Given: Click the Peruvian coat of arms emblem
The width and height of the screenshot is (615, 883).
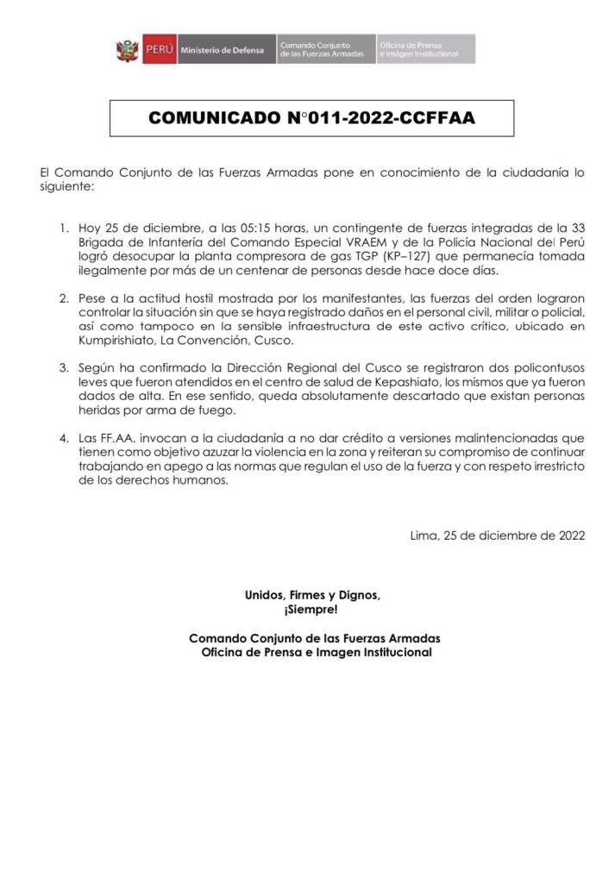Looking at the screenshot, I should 128,49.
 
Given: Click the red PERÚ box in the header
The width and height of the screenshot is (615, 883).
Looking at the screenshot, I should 158,49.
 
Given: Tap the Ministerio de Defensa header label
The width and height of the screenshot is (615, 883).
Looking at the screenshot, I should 216,49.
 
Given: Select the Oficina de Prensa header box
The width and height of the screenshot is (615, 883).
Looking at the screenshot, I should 425,49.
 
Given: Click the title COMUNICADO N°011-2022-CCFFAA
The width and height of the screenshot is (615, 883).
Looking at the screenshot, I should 311,118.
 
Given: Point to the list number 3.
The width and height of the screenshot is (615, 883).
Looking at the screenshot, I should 64,367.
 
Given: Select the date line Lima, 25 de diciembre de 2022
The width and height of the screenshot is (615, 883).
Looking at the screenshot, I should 498,535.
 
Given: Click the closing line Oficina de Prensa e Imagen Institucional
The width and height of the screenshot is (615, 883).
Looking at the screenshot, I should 315,653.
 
